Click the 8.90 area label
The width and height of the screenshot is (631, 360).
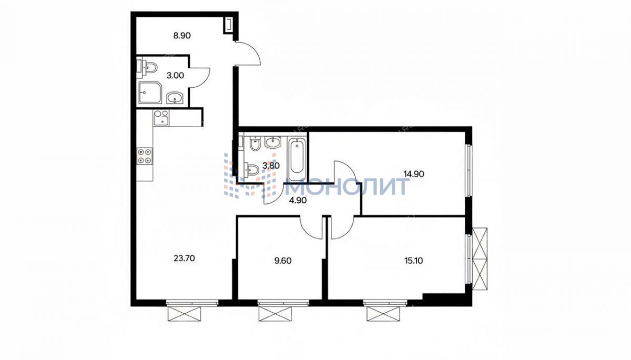[182, 36]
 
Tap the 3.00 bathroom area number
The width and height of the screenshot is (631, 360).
[175, 76]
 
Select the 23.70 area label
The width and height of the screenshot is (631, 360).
[184, 259]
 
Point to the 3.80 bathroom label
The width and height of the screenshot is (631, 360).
[271, 166]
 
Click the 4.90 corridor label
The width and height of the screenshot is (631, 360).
[298, 200]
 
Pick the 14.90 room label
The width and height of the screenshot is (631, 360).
[414, 174]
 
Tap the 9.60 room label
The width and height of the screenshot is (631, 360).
[283, 261]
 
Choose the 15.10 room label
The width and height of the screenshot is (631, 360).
[413, 261]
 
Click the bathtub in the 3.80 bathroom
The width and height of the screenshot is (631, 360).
[297, 159]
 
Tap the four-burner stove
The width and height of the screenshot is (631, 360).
[145, 156]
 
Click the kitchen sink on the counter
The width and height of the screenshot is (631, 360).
[161, 117]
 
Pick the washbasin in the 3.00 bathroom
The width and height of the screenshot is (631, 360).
[175, 98]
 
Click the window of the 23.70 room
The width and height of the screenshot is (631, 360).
[192, 303]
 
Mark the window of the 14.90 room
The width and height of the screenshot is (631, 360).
[469, 170]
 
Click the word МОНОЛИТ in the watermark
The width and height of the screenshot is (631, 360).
[347, 186]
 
